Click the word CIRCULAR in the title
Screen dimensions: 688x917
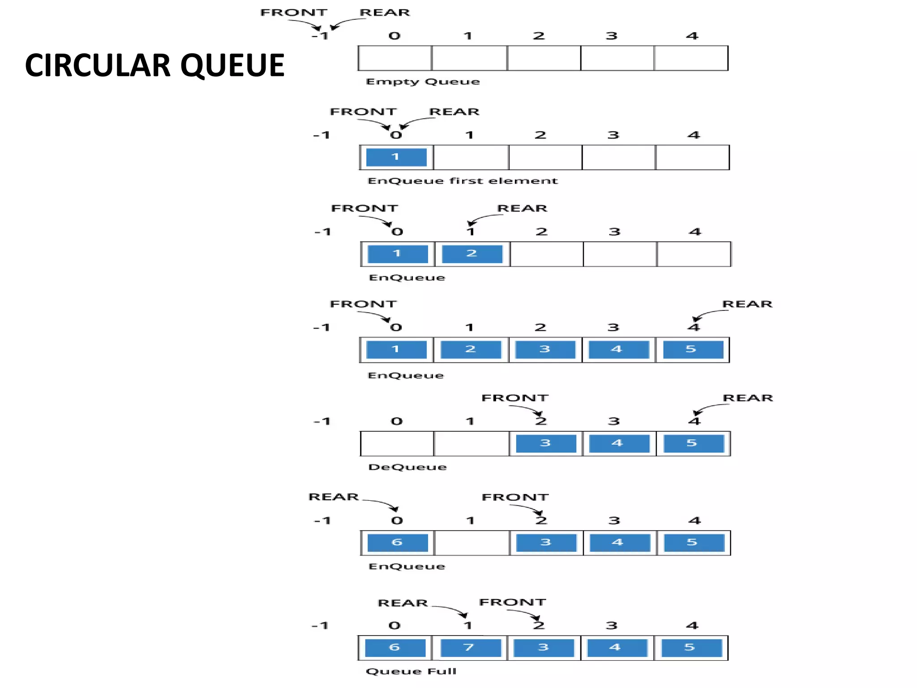[98, 65]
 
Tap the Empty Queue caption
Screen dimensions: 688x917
[422, 82]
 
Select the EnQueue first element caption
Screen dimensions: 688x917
[462, 181]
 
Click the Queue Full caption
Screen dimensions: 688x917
[411, 671]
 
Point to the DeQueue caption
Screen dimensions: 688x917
[407, 467]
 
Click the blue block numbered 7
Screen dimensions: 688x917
[470, 648]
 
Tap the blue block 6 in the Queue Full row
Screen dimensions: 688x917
[395, 648]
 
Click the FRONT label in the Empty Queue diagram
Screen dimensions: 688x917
[294, 13]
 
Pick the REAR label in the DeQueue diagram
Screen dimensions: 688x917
[747, 398]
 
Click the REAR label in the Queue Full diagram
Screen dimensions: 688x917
[403, 603]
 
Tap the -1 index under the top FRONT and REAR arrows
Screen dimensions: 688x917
[320, 36]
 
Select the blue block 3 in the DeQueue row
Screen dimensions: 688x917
[545, 443]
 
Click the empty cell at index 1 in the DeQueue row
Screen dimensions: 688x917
[471, 443]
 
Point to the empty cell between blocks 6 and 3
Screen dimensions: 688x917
[471, 543]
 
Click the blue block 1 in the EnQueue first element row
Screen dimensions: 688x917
[396, 157]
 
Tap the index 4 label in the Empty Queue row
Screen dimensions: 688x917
[692, 36]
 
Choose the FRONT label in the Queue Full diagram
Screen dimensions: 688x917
[512, 602]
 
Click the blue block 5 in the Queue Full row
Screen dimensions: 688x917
[691, 648]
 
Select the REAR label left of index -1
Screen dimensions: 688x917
[334, 497]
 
